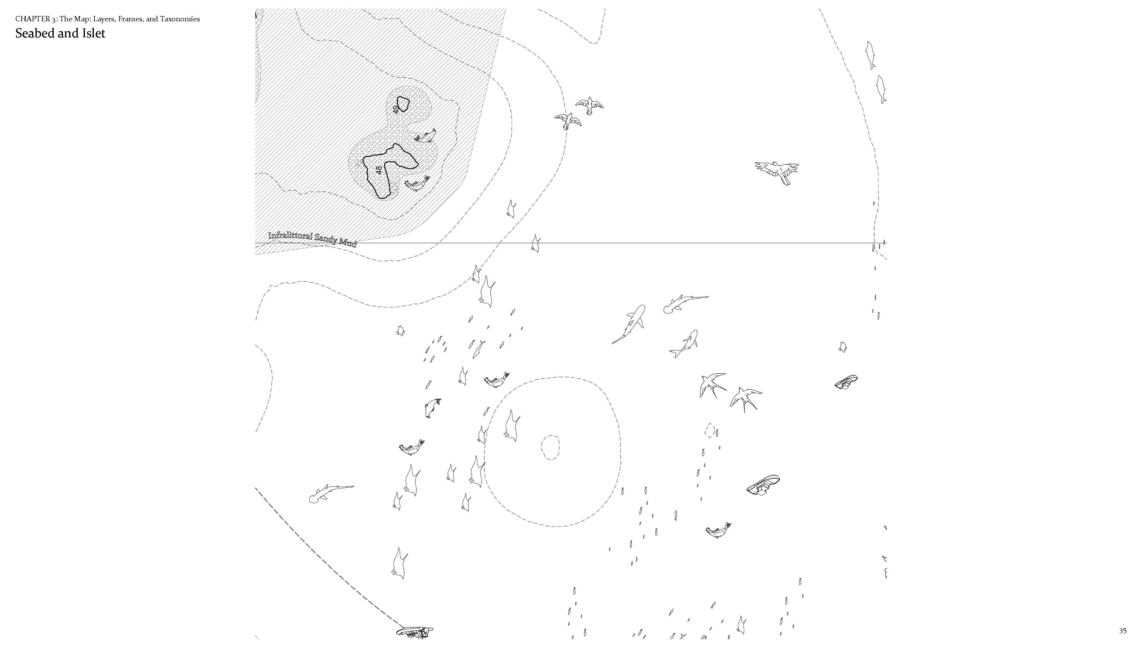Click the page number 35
[x=1123, y=631]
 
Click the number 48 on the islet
[x=379, y=170]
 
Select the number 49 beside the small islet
[x=396, y=109]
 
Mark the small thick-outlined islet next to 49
[x=403, y=104]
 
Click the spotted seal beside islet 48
[x=417, y=183]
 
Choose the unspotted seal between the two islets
[x=425, y=136]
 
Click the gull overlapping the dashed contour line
[x=568, y=120]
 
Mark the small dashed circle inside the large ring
[x=551, y=447]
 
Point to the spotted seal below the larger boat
[x=718, y=530]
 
